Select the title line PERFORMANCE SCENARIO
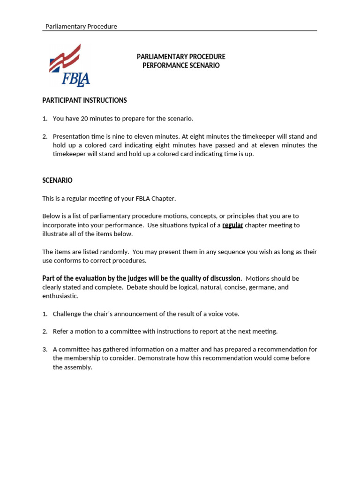(181, 66)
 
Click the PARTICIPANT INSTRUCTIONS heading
(84, 100)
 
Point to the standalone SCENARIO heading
(57, 180)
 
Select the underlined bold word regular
(232, 225)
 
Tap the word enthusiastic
(60, 296)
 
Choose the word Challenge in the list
(67, 314)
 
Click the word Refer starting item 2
(60, 331)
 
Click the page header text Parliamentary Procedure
(81, 26)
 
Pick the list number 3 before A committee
(45, 349)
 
